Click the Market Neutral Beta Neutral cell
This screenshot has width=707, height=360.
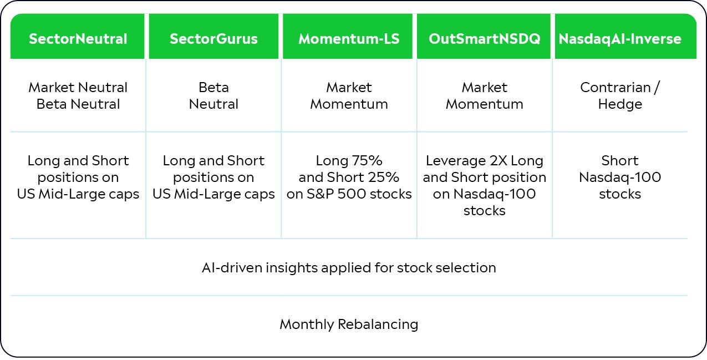pos(78,95)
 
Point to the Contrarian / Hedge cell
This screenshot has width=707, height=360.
pos(620,95)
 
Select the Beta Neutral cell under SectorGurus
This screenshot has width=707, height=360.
pos(213,95)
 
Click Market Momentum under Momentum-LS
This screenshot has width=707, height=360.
pos(349,95)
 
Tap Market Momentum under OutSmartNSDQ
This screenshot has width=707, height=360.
pos(485,95)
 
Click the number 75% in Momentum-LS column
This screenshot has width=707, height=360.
pos(367,161)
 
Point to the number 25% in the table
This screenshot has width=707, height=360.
pos(384,178)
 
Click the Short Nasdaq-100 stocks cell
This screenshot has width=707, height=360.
pos(620,178)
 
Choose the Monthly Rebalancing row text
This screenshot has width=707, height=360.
pos(349,324)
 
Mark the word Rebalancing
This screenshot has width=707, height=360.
pos(378,324)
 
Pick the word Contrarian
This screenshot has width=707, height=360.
pos(616,88)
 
